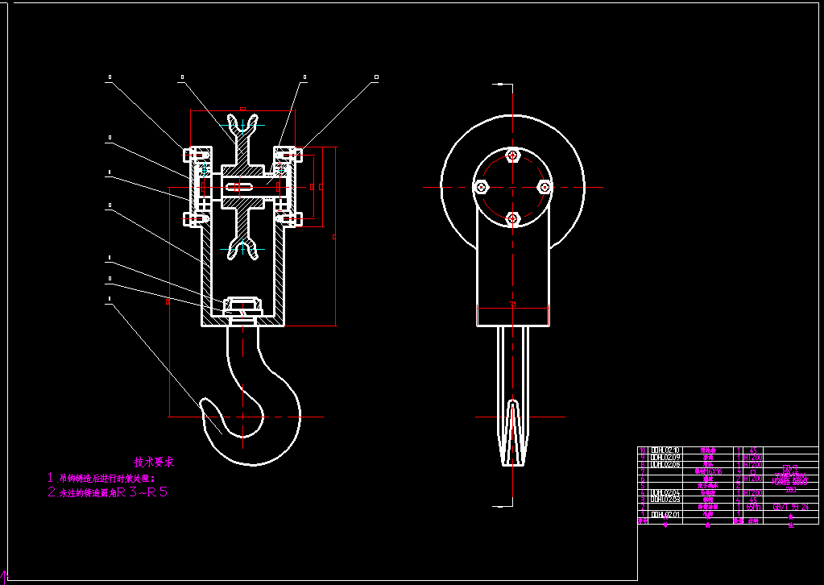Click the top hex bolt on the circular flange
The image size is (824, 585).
[x=511, y=155]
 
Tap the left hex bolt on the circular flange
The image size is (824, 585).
[x=481, y=187]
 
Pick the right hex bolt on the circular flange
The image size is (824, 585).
[x=544, y=187]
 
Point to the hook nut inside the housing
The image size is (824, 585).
[x=242, y=306]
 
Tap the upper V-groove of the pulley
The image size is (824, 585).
[x=242, y=122]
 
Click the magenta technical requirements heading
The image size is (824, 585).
[x=154, y=463]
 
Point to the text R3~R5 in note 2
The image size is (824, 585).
[x=143, y=491]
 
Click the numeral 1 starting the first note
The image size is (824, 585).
[x=50, y=478]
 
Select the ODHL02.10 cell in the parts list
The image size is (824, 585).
[x=665, y=450]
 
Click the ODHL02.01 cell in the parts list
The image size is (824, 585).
[x=665, y=513]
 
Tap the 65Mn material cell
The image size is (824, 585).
[x=752, y=507]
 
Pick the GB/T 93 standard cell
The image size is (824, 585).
[x=790, y=507]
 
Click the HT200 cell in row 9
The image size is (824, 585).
[x=752, y=458]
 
